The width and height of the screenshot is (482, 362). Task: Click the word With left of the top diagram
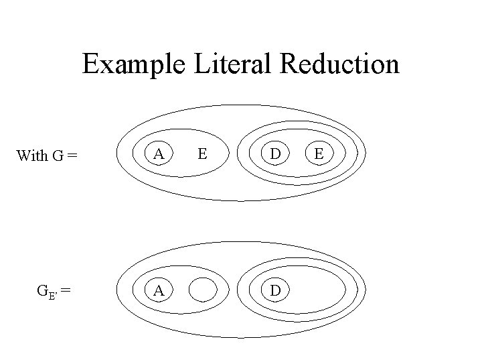31,156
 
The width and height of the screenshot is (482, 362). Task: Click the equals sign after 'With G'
73,157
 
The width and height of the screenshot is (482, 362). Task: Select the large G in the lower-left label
41,290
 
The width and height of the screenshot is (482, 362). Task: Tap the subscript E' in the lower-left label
53,294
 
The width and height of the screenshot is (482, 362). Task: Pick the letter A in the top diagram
158,154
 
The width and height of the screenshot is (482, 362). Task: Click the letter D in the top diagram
275,154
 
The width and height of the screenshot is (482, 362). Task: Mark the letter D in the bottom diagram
275,290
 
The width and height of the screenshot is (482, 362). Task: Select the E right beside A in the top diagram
201,154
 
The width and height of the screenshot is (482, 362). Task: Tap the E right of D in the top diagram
319,154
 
